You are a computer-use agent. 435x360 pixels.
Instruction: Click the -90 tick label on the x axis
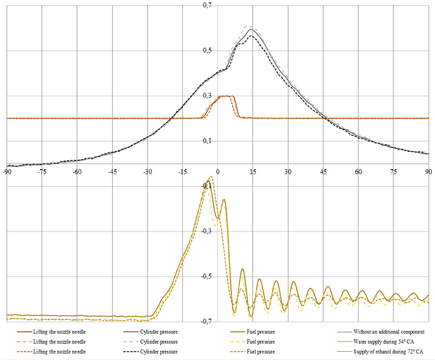pyautogui.click(x=6, y=171)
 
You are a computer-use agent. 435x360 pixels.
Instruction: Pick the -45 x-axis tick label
pyautogui.click(x=112, y=171)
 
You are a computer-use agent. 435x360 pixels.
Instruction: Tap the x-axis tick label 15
pyautogui.click(x=253, y=171)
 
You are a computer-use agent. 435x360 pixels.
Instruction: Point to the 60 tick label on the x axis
pyautogui.click(x=358, y=171)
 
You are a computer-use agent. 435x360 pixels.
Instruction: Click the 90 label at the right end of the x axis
pyautogui.click(x=428, y=171)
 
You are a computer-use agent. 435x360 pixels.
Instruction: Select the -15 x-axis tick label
pyautogui.click(x=182, y=171)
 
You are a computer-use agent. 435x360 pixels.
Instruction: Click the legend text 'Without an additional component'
pyautogui.click(x=389, y=332)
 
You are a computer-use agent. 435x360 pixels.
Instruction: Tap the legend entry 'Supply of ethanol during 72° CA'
pyautogui.click(x=388, y=352)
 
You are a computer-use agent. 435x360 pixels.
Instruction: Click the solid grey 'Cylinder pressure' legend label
pyautogui.click(x=158, y=332)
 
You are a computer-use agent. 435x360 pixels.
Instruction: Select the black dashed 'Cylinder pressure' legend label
pyautogui.click(x=158, y=352)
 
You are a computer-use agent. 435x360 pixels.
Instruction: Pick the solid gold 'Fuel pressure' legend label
pyautogui.click(x=261, y=332)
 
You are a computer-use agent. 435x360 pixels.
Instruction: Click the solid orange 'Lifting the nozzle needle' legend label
pyautogui.click(x=59, y=332)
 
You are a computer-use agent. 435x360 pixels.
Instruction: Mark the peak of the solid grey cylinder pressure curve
pyautogui.click(x=251, y=30)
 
